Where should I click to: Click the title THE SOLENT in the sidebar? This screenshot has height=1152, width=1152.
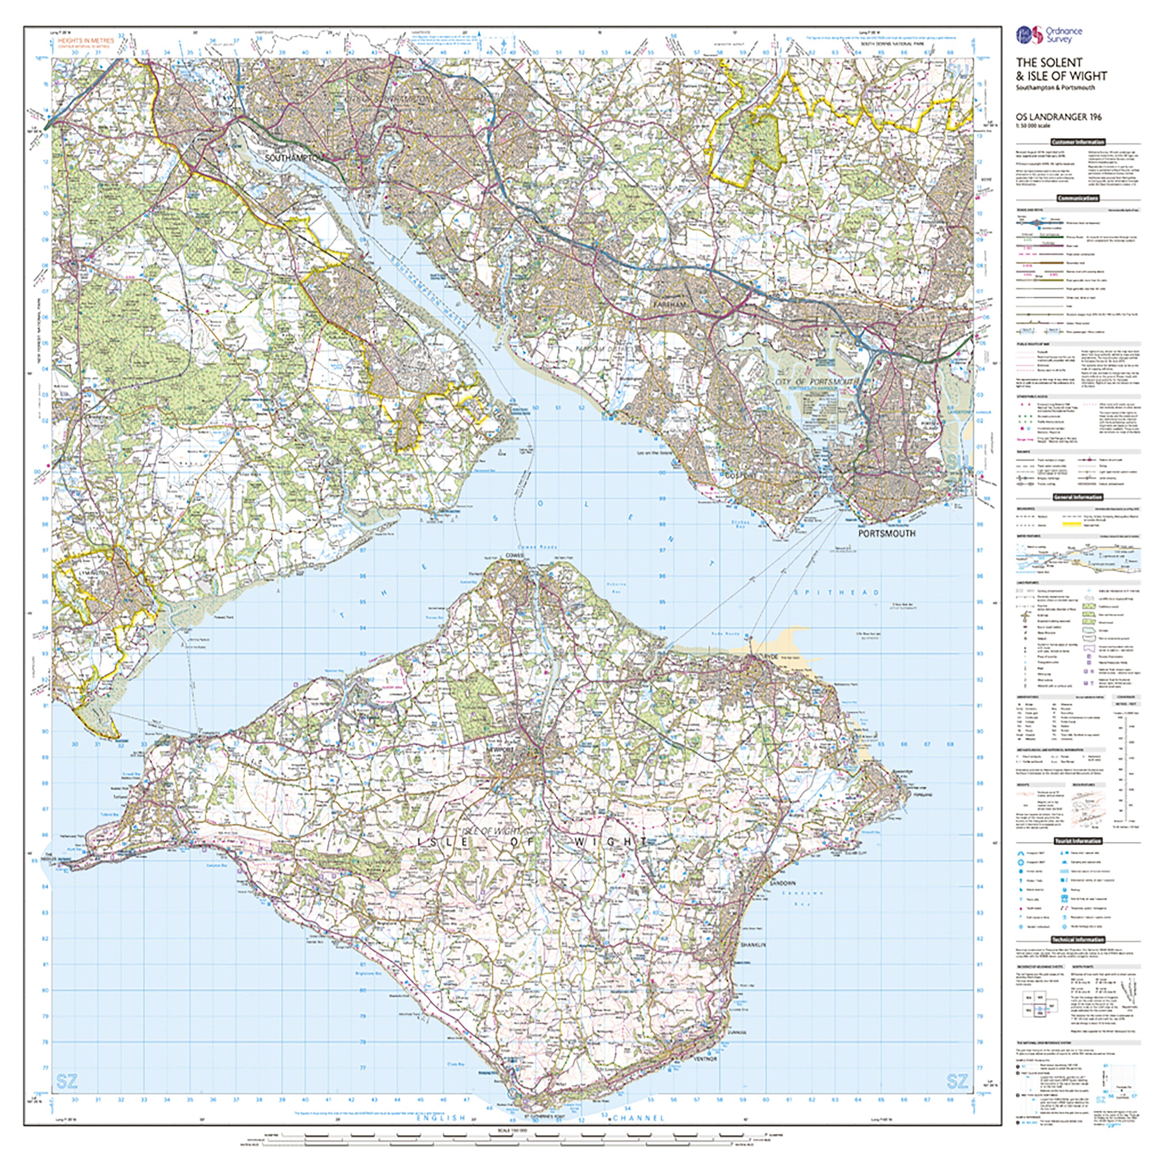click(x=1041, y=62)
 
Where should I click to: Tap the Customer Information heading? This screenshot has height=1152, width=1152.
click(x=1077, y=142)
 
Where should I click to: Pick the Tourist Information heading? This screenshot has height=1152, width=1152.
click(x=1077, y=841)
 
